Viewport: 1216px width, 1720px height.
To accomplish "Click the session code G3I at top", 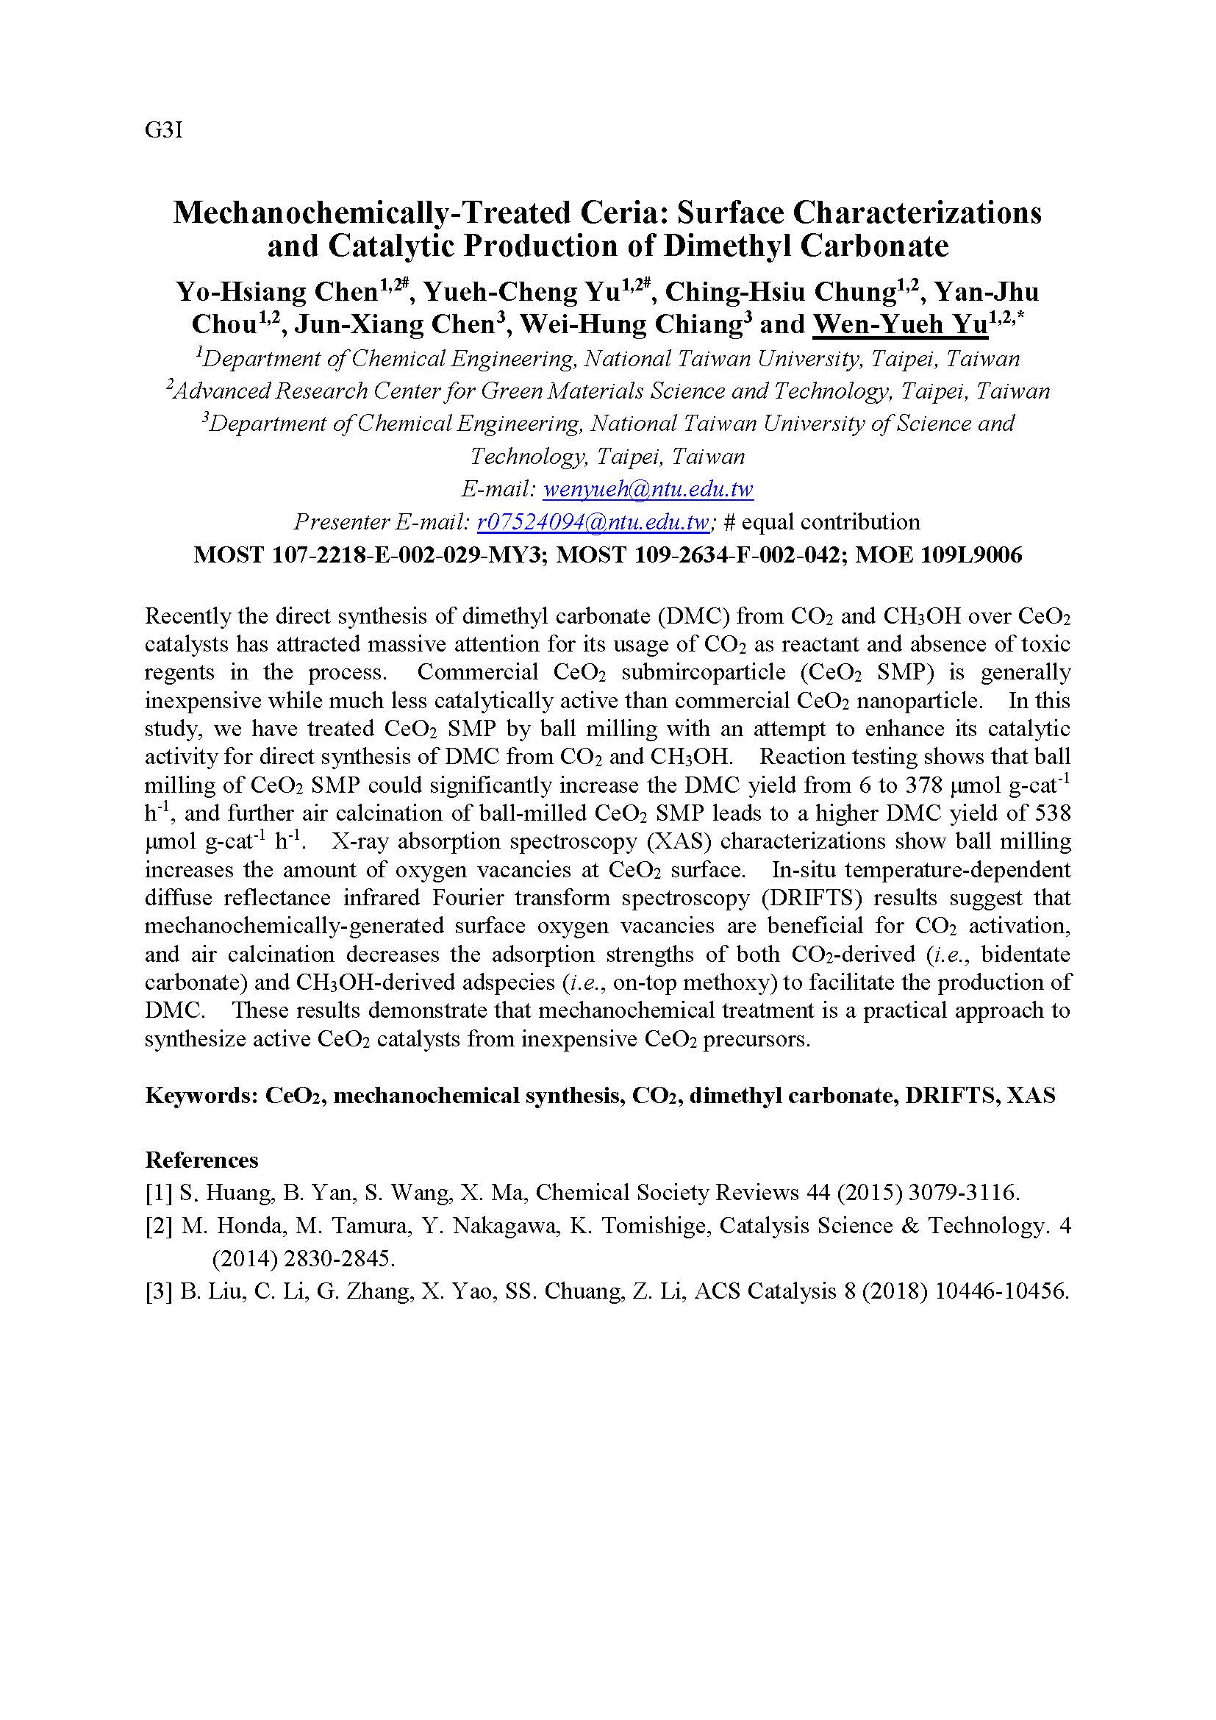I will coord(163,131).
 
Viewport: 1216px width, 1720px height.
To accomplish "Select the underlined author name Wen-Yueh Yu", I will coord(900,324).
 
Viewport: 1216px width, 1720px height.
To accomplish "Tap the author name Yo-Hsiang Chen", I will coord(276,291).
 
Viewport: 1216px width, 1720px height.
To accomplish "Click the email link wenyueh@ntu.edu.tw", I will coord(648,490).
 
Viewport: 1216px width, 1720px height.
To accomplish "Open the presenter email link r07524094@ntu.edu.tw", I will coord(593,522).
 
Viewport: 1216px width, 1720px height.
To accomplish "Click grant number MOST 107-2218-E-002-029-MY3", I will coord(368,555).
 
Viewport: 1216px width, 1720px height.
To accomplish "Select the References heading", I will coord(201,1160).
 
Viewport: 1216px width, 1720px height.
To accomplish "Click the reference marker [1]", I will coord(159,1193).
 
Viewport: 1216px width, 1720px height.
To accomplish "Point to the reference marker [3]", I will coord(159,1291).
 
